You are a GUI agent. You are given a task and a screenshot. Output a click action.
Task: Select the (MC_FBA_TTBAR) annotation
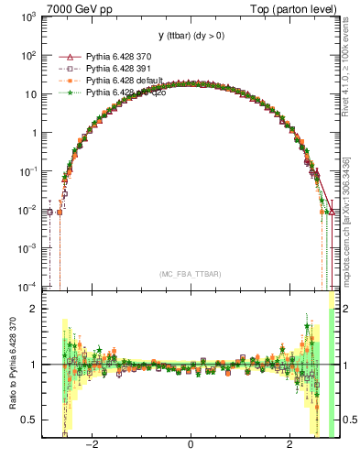pyautogui.click(x=190, y=274)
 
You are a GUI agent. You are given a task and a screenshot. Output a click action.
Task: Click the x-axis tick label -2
pyautogui.click(x=92, y=449)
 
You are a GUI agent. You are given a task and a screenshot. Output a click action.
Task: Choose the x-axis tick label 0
pyautogui.click(x=190, y=449)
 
